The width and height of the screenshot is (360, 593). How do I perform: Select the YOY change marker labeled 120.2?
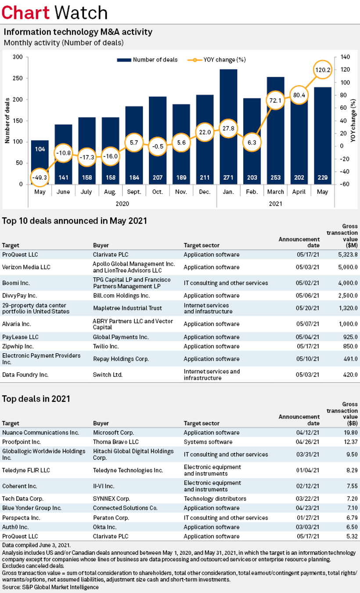pyautogui.click(x=322, y=69)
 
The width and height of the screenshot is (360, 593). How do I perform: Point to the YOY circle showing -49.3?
pyautogui.click(x=40, y=177)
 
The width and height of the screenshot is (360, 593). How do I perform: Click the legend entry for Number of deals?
pyautogui.click(x=147, y=60)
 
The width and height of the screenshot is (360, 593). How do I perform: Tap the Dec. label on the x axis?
pyautogui.click(x=205, y=192)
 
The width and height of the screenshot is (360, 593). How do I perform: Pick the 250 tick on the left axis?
pyautogui.click(x=18, y=78)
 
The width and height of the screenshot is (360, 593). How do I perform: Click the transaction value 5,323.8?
pyautogui.click(x=347, y=254)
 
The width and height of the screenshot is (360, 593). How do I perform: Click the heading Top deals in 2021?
pyautogui.click(x=36, y=399)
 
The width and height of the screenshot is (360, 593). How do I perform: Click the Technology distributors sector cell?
pyautogui.click(x=215, y=499)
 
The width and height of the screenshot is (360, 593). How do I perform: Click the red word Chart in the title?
pyautogui.click(x=25, y=13)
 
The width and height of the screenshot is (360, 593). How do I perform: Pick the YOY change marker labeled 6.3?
pyautogui.click(x=252, y=142)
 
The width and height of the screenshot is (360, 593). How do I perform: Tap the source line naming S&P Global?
pyautogui.click(x=50, y=587)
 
